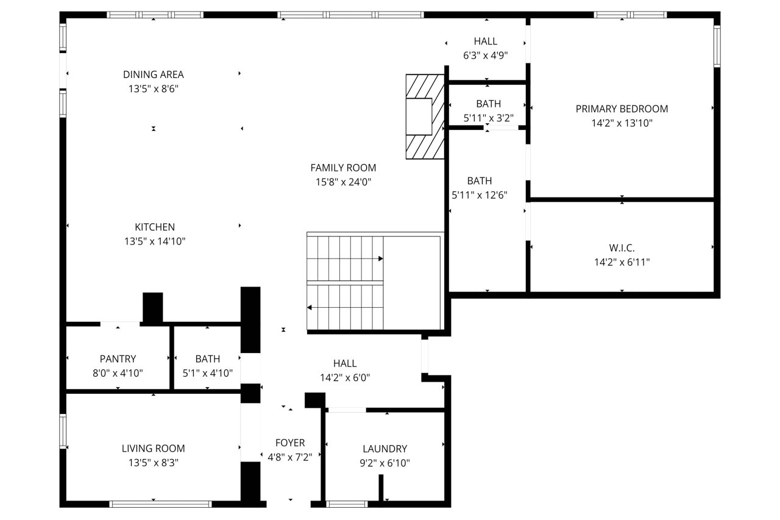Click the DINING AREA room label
pyautogui.click(x=153, y=74)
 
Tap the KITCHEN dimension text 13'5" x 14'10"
pyautogui.click(x=155, y=241)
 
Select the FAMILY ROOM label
pyautogui.click(x=343, y=168)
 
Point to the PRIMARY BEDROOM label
pyautogui.click(x=622, y=109)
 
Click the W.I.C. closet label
pyautogui.click(x=622, y=248)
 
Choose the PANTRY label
pyautogui.click(x=118, y=359)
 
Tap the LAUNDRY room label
pyautogui.click(x=385, y=449)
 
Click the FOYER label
pyautogui.click(x=290, y=443)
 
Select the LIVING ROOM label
pyautogui.click(x=153, y=449)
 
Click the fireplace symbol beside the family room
pyautogui.click(x=425, y=116)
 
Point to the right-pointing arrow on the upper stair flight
pyautogui.click(x=380, y=258)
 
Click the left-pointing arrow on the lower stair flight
pyautogui.click(x=310, y=308)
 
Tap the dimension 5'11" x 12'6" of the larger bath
pyautogui.click(x=480, y=195)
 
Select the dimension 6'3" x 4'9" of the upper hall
pyautogui.click(x=486, y=55)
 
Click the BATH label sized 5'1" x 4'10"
pyautogui.click(x=208, y=359)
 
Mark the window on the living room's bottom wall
pyautogui.click(x=160, y=504)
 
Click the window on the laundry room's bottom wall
pyautogui.click(x=347, y=504)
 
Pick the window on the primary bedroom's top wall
pyautogui.click(x=630, y=15)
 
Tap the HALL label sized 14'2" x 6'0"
pyautogui.click(x=345, y=363)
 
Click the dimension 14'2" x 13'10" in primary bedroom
pyautogui.click(x=622, y=123)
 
